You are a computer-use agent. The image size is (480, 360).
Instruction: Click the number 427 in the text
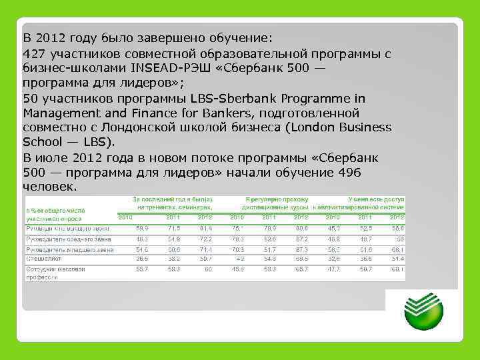34,53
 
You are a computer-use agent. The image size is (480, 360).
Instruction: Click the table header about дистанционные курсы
277,203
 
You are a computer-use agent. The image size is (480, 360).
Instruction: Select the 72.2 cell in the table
205,238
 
